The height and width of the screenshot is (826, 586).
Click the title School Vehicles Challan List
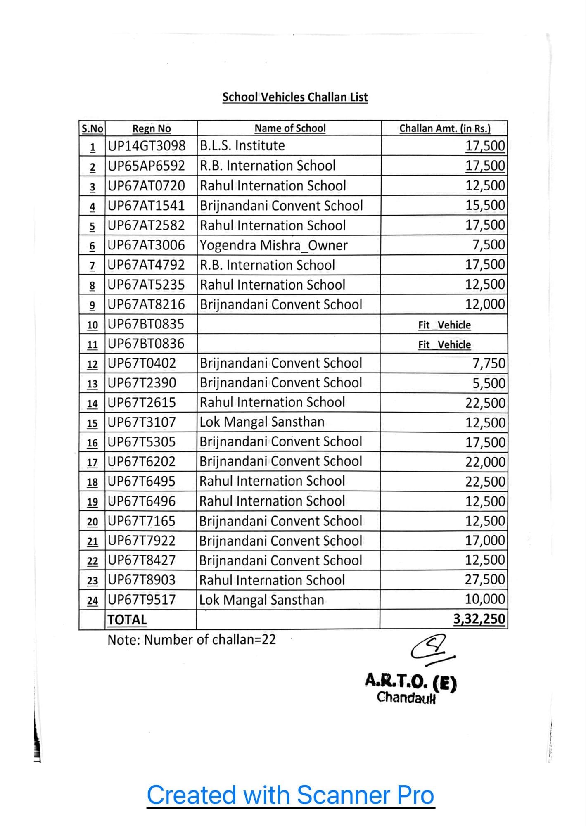(295, 97)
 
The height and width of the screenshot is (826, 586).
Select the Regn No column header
(151, 128)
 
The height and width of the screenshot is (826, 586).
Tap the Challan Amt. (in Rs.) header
(444, 128)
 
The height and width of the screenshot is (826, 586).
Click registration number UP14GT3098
(147, 145)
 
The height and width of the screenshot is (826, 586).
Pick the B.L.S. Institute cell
(242, 145)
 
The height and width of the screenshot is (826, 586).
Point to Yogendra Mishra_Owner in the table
(273, 245)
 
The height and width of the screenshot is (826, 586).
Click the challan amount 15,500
(485, 205)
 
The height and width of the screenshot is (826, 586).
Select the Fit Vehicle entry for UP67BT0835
(444, 325)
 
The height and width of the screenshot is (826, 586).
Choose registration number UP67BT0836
(146, 344)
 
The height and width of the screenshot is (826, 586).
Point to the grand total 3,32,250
(479, 619)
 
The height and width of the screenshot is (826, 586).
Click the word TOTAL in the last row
(127, 620)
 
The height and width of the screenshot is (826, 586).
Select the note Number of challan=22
(192, 640)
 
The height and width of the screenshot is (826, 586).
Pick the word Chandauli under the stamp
(406, 698)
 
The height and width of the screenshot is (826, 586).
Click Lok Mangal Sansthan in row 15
(262, 422)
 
